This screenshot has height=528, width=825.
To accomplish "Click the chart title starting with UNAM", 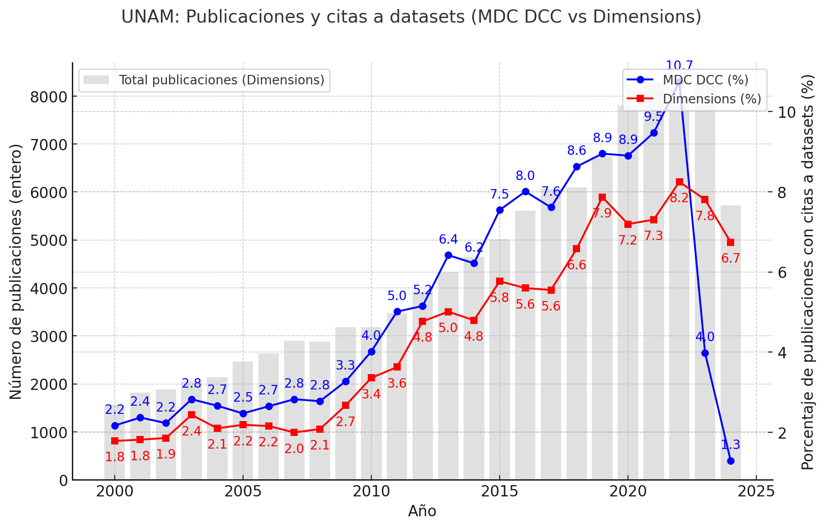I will click(411, 17).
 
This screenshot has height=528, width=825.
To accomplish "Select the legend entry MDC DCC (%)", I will click(705, 80).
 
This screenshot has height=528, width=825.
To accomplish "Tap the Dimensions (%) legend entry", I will click(712, 99).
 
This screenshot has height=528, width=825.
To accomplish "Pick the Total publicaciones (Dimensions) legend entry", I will click(221, 80).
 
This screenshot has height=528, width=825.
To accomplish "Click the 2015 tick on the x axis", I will click(499, 492).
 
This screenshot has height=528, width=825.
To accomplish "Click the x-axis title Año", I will click(422, 511).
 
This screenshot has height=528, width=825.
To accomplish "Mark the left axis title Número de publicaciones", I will click(16, 272).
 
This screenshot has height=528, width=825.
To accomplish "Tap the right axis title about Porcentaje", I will click(807, 272).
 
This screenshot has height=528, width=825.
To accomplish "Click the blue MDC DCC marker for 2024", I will click(731, 461).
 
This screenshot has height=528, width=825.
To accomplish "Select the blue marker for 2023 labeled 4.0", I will click(705, 353).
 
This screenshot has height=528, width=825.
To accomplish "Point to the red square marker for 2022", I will click(679, 182).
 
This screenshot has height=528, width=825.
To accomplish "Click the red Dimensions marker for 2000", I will click(115, 441).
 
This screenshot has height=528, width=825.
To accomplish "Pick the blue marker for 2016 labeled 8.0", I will click(525, 191).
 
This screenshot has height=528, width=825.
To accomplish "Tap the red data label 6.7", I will click(731, 259).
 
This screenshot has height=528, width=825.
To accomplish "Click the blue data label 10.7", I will click(679, 66).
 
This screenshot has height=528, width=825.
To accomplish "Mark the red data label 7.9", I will click(602, 213).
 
